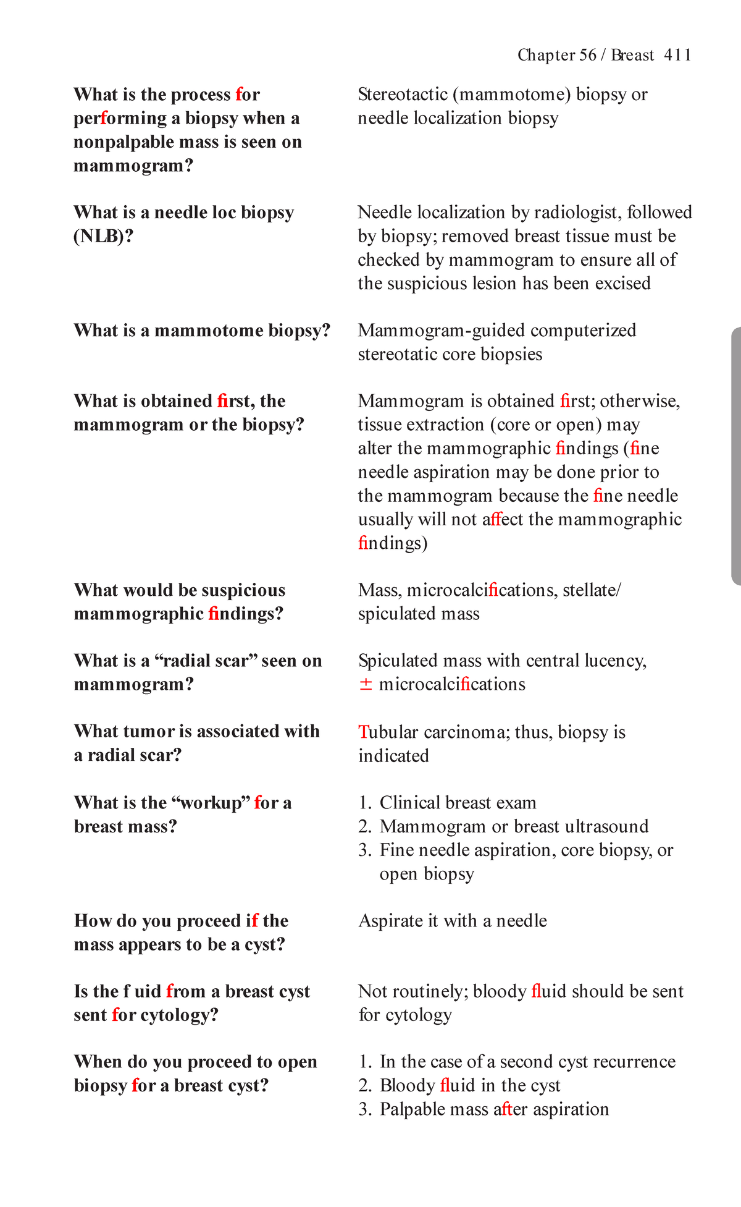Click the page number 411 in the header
click(x=677, y=55)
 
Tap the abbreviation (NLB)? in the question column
click(x=103, y=236)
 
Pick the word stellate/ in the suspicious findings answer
click(x=591, y=590)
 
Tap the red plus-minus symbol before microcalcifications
click(x=366, y=684)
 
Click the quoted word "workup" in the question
click(x=210, y=803)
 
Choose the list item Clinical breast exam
click(x=457, y=803)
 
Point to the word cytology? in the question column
click(x=180, y=1015)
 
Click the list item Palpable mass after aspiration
click(x=494, y=1109)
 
